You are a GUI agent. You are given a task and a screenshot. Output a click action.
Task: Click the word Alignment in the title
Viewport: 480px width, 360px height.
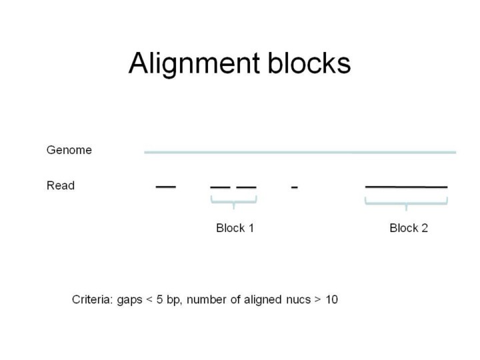194,64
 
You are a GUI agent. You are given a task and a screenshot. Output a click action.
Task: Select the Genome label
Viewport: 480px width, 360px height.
69,150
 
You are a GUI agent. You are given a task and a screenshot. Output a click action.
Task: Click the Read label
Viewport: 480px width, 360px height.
61,185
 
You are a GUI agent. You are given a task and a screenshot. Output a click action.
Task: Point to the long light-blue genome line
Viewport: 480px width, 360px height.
300,152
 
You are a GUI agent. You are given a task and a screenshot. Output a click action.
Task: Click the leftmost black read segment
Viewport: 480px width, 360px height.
166,187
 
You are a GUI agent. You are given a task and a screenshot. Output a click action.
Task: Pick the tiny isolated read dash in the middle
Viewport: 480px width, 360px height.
294,187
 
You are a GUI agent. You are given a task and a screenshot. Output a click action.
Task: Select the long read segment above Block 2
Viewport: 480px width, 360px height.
406,187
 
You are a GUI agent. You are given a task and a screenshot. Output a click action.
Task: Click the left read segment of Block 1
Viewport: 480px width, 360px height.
220,187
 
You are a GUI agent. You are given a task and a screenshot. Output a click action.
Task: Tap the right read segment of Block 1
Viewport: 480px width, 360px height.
246,187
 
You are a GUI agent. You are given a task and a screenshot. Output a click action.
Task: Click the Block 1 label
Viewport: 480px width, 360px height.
235,228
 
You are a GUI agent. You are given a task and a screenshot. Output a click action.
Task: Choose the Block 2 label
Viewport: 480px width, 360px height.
409,228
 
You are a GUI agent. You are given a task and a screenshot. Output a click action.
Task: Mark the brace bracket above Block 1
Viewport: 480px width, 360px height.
233,201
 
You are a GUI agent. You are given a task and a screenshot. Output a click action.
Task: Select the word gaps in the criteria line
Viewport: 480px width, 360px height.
130,301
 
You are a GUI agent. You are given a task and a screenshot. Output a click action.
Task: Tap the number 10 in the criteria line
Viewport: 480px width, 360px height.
331,299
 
